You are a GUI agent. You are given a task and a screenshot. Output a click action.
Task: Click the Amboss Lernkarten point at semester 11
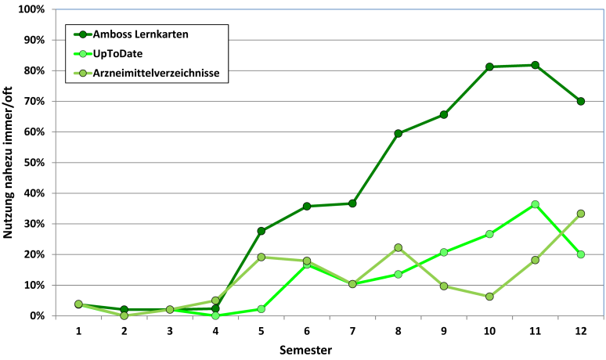click(535, 65)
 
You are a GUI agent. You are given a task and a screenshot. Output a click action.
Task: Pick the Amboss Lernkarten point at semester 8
click(399, 134)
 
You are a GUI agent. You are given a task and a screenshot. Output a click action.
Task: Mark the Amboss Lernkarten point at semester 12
click(580, 101)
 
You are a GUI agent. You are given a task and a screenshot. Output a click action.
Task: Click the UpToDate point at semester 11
click(535, 204)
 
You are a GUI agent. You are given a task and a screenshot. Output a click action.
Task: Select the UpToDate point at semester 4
click(215, 315)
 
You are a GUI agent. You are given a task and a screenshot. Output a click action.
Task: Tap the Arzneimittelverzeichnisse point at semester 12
click(580, 214)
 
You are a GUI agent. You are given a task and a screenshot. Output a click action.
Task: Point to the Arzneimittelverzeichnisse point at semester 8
click(399, 247)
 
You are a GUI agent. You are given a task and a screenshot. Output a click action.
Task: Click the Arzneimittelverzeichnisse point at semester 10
click(489, 297)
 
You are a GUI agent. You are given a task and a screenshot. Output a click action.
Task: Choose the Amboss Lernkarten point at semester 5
click(262, 231)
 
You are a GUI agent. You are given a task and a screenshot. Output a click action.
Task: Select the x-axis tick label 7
click(352, 331)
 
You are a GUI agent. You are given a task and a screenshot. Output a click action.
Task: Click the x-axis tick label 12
click(580, 331)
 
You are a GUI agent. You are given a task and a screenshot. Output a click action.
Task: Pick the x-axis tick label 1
click(79, 331)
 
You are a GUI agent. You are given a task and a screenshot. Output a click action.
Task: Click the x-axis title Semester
click(307, 349)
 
